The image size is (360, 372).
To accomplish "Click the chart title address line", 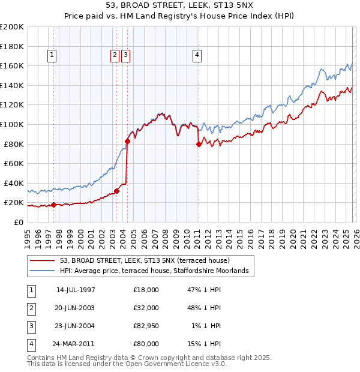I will (x=179, y=6).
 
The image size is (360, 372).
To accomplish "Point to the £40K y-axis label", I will (x=14, y=183).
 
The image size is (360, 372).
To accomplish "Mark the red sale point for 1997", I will (x=54, y=205).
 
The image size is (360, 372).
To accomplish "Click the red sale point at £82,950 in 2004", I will (x=127, y=141).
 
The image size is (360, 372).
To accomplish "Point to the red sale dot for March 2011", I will (x=198, y=144).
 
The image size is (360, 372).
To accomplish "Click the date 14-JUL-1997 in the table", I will (x=76, y=290).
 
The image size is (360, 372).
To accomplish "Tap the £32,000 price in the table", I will (x=146, y=308).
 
